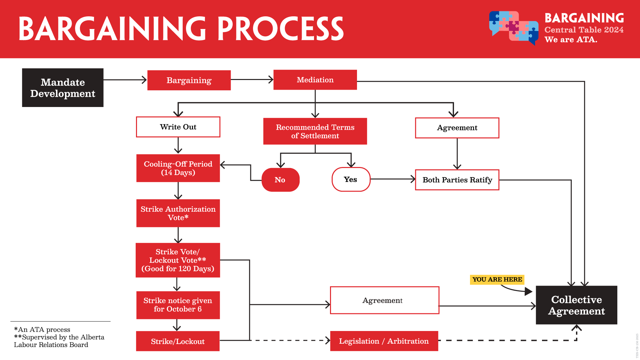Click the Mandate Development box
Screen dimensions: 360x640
point(63,88)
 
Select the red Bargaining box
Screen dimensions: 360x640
point(189,80)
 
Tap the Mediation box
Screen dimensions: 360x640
point(315,80)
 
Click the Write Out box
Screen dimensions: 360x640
point(178,127)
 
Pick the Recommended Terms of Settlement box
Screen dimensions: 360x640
point(315,131)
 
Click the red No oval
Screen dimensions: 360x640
point(280,180)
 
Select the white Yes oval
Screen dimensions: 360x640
point(351,180)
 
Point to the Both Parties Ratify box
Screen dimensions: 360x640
point(457,180)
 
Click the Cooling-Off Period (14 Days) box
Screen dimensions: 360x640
point(178,168)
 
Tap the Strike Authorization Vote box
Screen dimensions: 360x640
point(178,213)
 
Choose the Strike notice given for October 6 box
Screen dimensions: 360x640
point(178,305)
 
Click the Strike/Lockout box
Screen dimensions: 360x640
point(178,341)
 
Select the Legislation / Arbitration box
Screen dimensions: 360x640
point(384,341)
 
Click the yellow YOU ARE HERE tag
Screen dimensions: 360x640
point(497,279)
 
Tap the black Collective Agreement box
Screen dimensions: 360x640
point(576,305)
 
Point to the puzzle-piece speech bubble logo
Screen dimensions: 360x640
point(514,28)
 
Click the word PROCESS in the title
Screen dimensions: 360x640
point(280,29)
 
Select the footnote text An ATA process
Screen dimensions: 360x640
point(42,330)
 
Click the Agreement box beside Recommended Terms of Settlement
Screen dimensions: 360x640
point(457,128)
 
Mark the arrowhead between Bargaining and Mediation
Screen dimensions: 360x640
point(271,80)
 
